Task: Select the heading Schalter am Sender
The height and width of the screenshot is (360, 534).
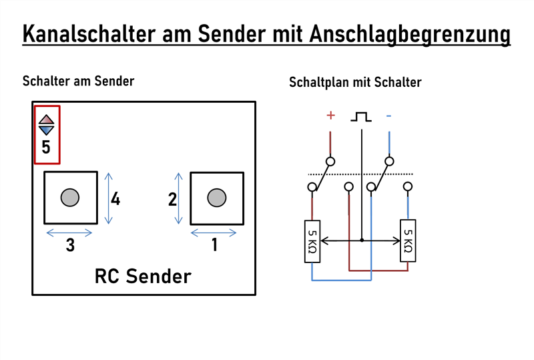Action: (78, 81)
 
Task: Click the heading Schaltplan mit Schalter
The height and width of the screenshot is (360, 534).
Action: (355, 83)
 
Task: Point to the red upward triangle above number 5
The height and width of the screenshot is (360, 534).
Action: (46, 120)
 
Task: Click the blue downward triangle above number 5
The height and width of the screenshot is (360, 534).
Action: (46, 130)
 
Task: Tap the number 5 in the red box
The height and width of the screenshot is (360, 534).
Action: (46, 147)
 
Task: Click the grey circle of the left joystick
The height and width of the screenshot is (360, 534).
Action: (70, 198)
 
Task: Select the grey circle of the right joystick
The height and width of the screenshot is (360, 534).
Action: (216, 198)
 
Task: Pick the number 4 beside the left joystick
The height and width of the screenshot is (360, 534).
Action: (115, 199)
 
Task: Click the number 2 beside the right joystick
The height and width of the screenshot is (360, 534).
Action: (172, 199)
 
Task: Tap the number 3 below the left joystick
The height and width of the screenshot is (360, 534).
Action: (70, 246)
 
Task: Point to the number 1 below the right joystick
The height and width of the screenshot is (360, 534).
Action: (214, 246)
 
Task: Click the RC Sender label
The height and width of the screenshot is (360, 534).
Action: (143, 276)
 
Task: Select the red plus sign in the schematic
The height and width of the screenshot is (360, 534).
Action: (330, 116)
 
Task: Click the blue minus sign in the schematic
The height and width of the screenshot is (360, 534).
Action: (388, 116)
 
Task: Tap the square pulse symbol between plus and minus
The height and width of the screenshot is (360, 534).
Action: (360, 116)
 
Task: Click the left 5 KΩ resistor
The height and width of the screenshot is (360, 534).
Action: (312, 240)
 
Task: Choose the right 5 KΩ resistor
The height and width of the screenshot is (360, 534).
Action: (408, 240)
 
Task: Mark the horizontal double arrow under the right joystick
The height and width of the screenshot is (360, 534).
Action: (214, 232)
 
